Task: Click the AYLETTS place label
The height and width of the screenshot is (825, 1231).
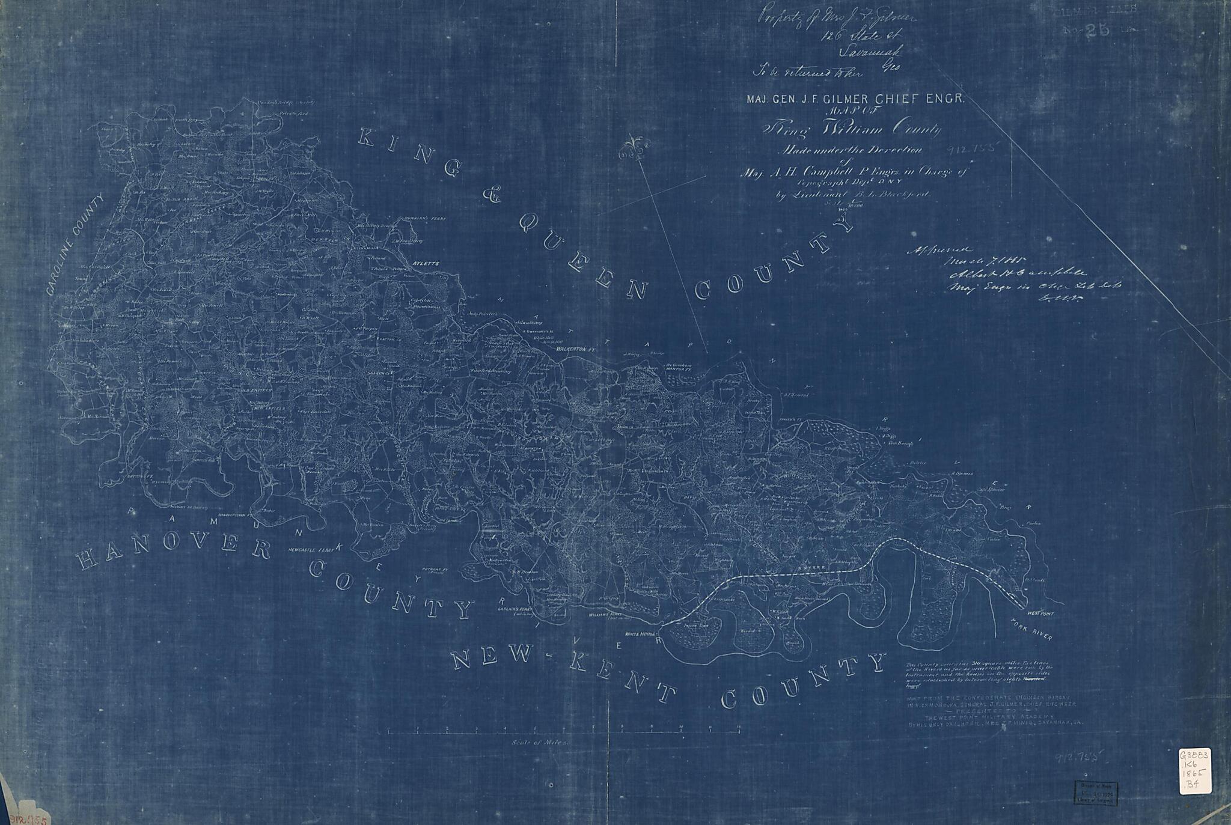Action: [427, 264]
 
